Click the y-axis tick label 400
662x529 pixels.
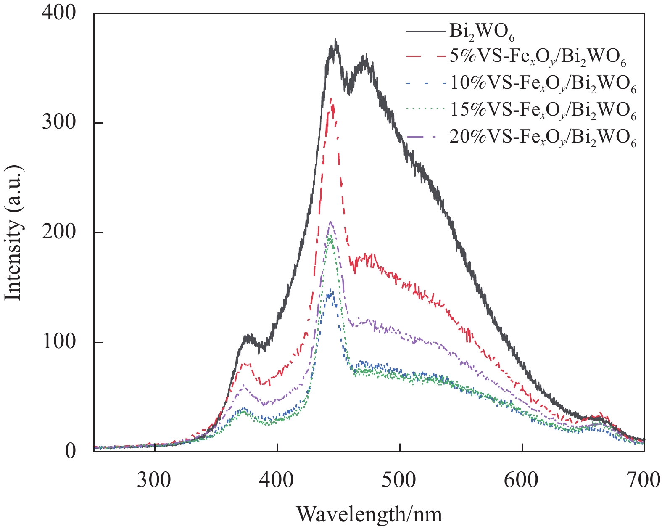click(x=59, y=13)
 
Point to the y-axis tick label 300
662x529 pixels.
click(x=59, y=122)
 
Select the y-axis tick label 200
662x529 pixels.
click(x=59, y=232)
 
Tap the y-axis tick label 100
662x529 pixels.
click(x=59, y=342)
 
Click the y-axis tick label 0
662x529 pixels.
click(x=71, y=451)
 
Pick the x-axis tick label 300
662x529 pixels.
click(x=155, y=479)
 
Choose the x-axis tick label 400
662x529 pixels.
click(x=277, y=479)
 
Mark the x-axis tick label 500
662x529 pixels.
click(x=400, y=479)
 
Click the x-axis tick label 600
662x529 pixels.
click(x=522, y=479)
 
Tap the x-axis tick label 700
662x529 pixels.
click(x=644, y=479)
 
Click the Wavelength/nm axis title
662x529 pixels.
click(x=369, y=514)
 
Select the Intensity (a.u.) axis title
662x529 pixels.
click(x=13, y=233)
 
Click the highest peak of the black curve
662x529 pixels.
click(x=335, y=39)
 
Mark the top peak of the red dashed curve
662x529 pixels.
click(x=332, y=98)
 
